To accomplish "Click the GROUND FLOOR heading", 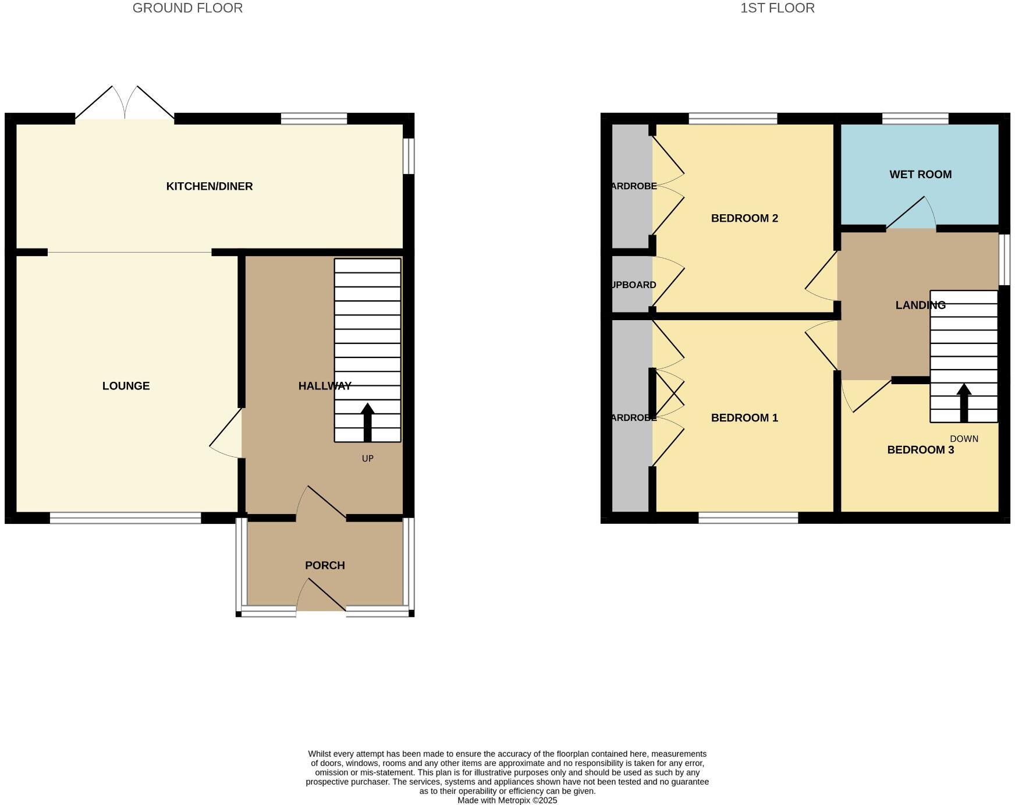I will (187, 8).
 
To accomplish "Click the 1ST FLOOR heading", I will (777, 8).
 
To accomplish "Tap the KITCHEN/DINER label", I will (210, 186).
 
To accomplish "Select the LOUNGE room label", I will (126, 386).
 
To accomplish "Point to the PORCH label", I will (325, 565).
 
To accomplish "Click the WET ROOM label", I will (920, 174).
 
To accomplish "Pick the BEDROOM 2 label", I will (744, 218).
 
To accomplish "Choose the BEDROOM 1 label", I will (744, 418).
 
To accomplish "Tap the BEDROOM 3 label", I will (920, 450).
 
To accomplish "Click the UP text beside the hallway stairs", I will (367, 459).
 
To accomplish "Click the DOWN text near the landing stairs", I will (964, 439).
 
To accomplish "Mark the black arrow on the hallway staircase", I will (367, 421).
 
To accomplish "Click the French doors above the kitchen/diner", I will (125, 105).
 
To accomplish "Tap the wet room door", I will (911, 215).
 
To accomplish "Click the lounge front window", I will (125, 517).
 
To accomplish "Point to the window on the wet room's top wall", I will (915, 118).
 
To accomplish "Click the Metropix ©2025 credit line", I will (507, 800).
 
